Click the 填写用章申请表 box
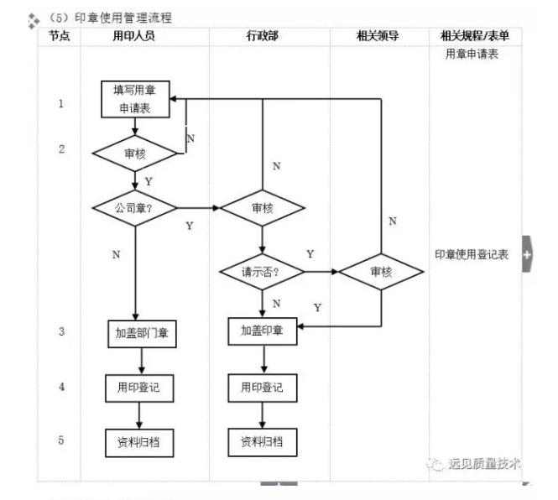click(134, 98)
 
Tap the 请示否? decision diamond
click(263, 272)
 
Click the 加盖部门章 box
click(141, 333)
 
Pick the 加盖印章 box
click(263, 331)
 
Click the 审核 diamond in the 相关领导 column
click(382, 272)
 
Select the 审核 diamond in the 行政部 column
click(263, 207)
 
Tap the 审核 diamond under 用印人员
click(134, 154)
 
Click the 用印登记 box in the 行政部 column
click(263, 388)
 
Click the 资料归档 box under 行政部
click(263, 441)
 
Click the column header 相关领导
click(378, 36)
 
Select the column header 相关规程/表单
click(474, 36)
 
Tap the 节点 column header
click(60, 36)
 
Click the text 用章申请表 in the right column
click(472, 55)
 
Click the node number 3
click(61, 332)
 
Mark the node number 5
click(61, 440)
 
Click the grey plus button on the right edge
click(527, 253)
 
